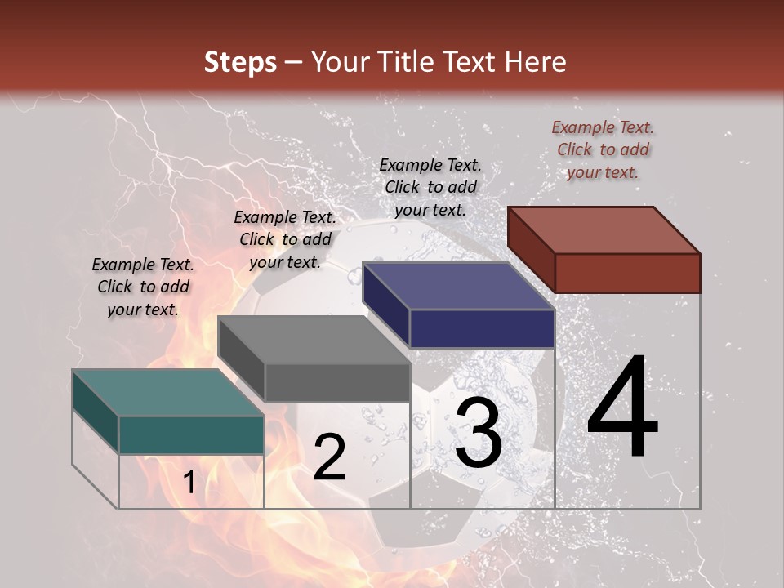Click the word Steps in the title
240,62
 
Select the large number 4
622,408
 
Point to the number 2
329,457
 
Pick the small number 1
189,483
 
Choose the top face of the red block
604,229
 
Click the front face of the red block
627,273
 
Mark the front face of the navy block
482,328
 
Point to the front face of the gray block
336,382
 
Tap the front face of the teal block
191,434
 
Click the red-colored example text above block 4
603,149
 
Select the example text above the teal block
143,287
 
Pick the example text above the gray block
285,239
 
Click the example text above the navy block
430,187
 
